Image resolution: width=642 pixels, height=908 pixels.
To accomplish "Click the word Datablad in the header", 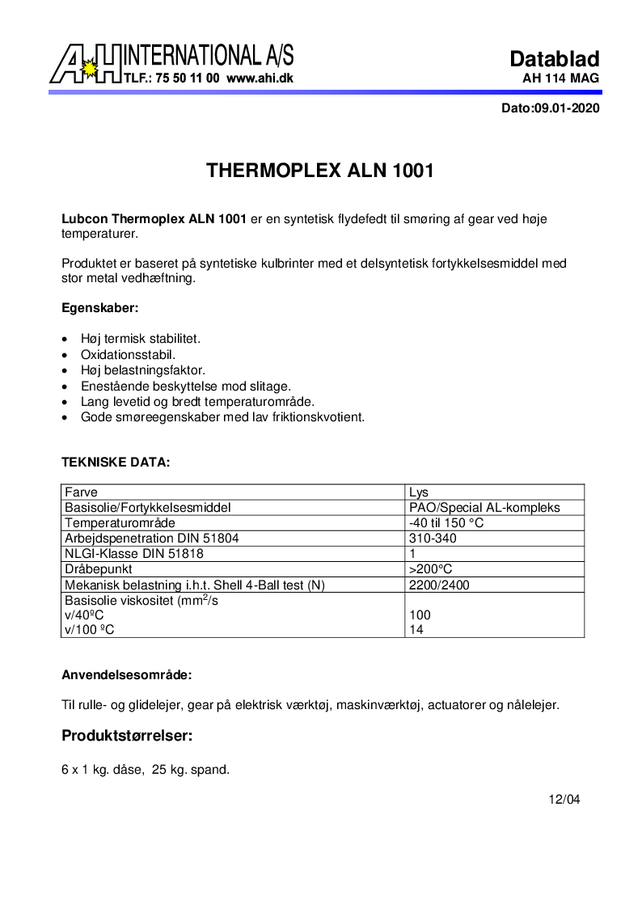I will [x=554, y=59].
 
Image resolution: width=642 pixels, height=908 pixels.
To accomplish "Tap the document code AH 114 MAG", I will [x=561, y=79].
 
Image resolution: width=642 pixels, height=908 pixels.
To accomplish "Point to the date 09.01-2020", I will [x=566, y=108].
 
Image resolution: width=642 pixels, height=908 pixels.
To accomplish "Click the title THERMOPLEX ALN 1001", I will [x=321, y=171].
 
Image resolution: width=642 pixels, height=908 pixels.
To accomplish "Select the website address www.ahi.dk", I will [x=260, y=79].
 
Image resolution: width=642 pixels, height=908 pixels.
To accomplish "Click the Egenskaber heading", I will [x=100, y=308].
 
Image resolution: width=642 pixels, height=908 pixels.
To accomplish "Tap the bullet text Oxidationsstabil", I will [x=128, y=354].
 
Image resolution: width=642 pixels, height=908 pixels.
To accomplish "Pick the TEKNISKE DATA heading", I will [x=116, y=462].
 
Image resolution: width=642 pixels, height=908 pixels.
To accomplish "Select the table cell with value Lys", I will [x=419, y=492].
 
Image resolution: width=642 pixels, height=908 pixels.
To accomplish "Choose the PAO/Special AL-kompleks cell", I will [x=484, y=508].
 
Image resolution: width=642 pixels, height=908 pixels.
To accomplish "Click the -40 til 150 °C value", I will [x=446, y=523].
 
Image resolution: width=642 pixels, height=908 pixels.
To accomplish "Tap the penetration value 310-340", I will [x=433, y=538].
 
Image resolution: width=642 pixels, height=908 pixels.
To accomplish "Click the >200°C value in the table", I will [x=430, y=569].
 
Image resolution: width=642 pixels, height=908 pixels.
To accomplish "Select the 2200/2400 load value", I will [x=439, y=585].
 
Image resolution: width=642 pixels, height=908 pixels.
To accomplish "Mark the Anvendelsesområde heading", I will [x=127, y=674].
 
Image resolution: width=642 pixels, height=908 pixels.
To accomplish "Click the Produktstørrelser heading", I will [x=126, y=736].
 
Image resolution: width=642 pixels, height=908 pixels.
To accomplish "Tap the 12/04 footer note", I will [x=564, y=800].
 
